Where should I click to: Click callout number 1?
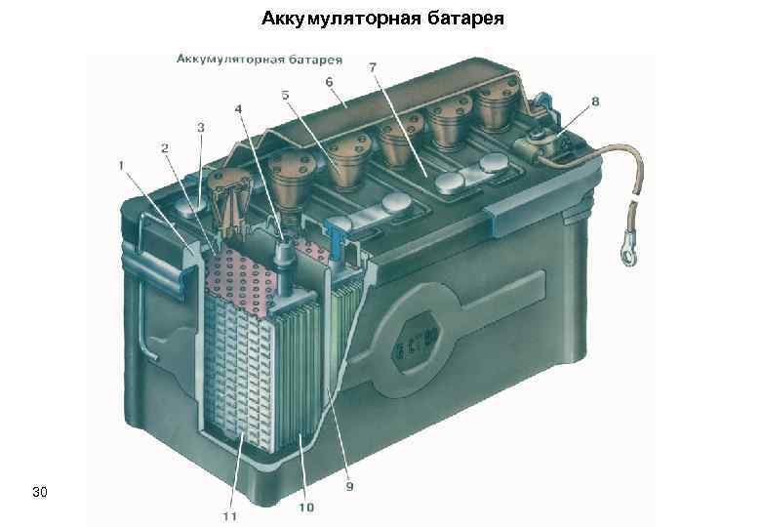[122, 166]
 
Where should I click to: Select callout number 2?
[164, 147]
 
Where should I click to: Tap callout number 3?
[200, 127]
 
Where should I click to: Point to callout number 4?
[238, 109]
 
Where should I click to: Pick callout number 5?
[285, 95]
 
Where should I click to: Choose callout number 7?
[373, 66]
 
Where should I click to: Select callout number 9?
[350, 485]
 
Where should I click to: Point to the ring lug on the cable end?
[622, 257]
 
